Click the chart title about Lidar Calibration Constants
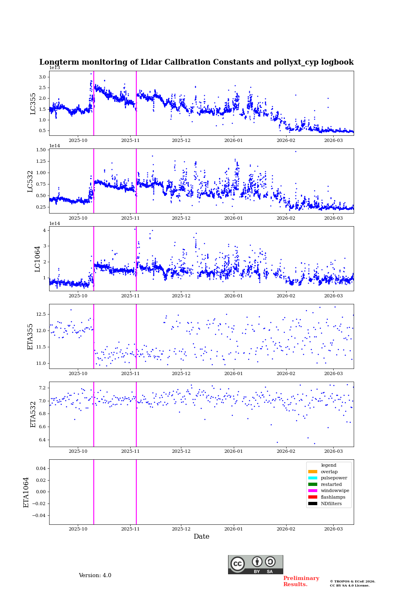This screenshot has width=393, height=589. (x=196, y=62)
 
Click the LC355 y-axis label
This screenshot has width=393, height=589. (x=33, y=103)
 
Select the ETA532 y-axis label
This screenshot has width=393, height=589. (x=33, y=414)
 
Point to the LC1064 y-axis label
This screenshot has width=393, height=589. (x=37, y=259)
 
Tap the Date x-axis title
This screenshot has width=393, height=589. (x=201, y=537)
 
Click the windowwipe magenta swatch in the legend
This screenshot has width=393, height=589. (x=313, y=491)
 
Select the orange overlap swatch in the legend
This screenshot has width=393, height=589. (x=313, y=472)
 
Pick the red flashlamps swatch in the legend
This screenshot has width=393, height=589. (x=313, y=497)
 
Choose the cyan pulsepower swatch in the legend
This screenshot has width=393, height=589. (x=313, y=478)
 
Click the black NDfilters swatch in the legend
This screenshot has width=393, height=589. (x=313, y=504)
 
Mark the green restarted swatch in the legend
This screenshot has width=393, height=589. (x=313, y=484)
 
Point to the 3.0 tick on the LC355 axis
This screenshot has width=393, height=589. (x=42, y=77)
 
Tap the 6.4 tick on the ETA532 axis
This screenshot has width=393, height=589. (x=42, y=440)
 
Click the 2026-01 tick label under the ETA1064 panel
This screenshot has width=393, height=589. (x=233, y=529)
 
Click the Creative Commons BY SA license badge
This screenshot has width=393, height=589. (x=255, y=564)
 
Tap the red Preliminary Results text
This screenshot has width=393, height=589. (x=301, y=581)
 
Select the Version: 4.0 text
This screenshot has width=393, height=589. (x=95, y=576)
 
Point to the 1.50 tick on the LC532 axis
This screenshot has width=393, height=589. (x=41, y=150)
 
